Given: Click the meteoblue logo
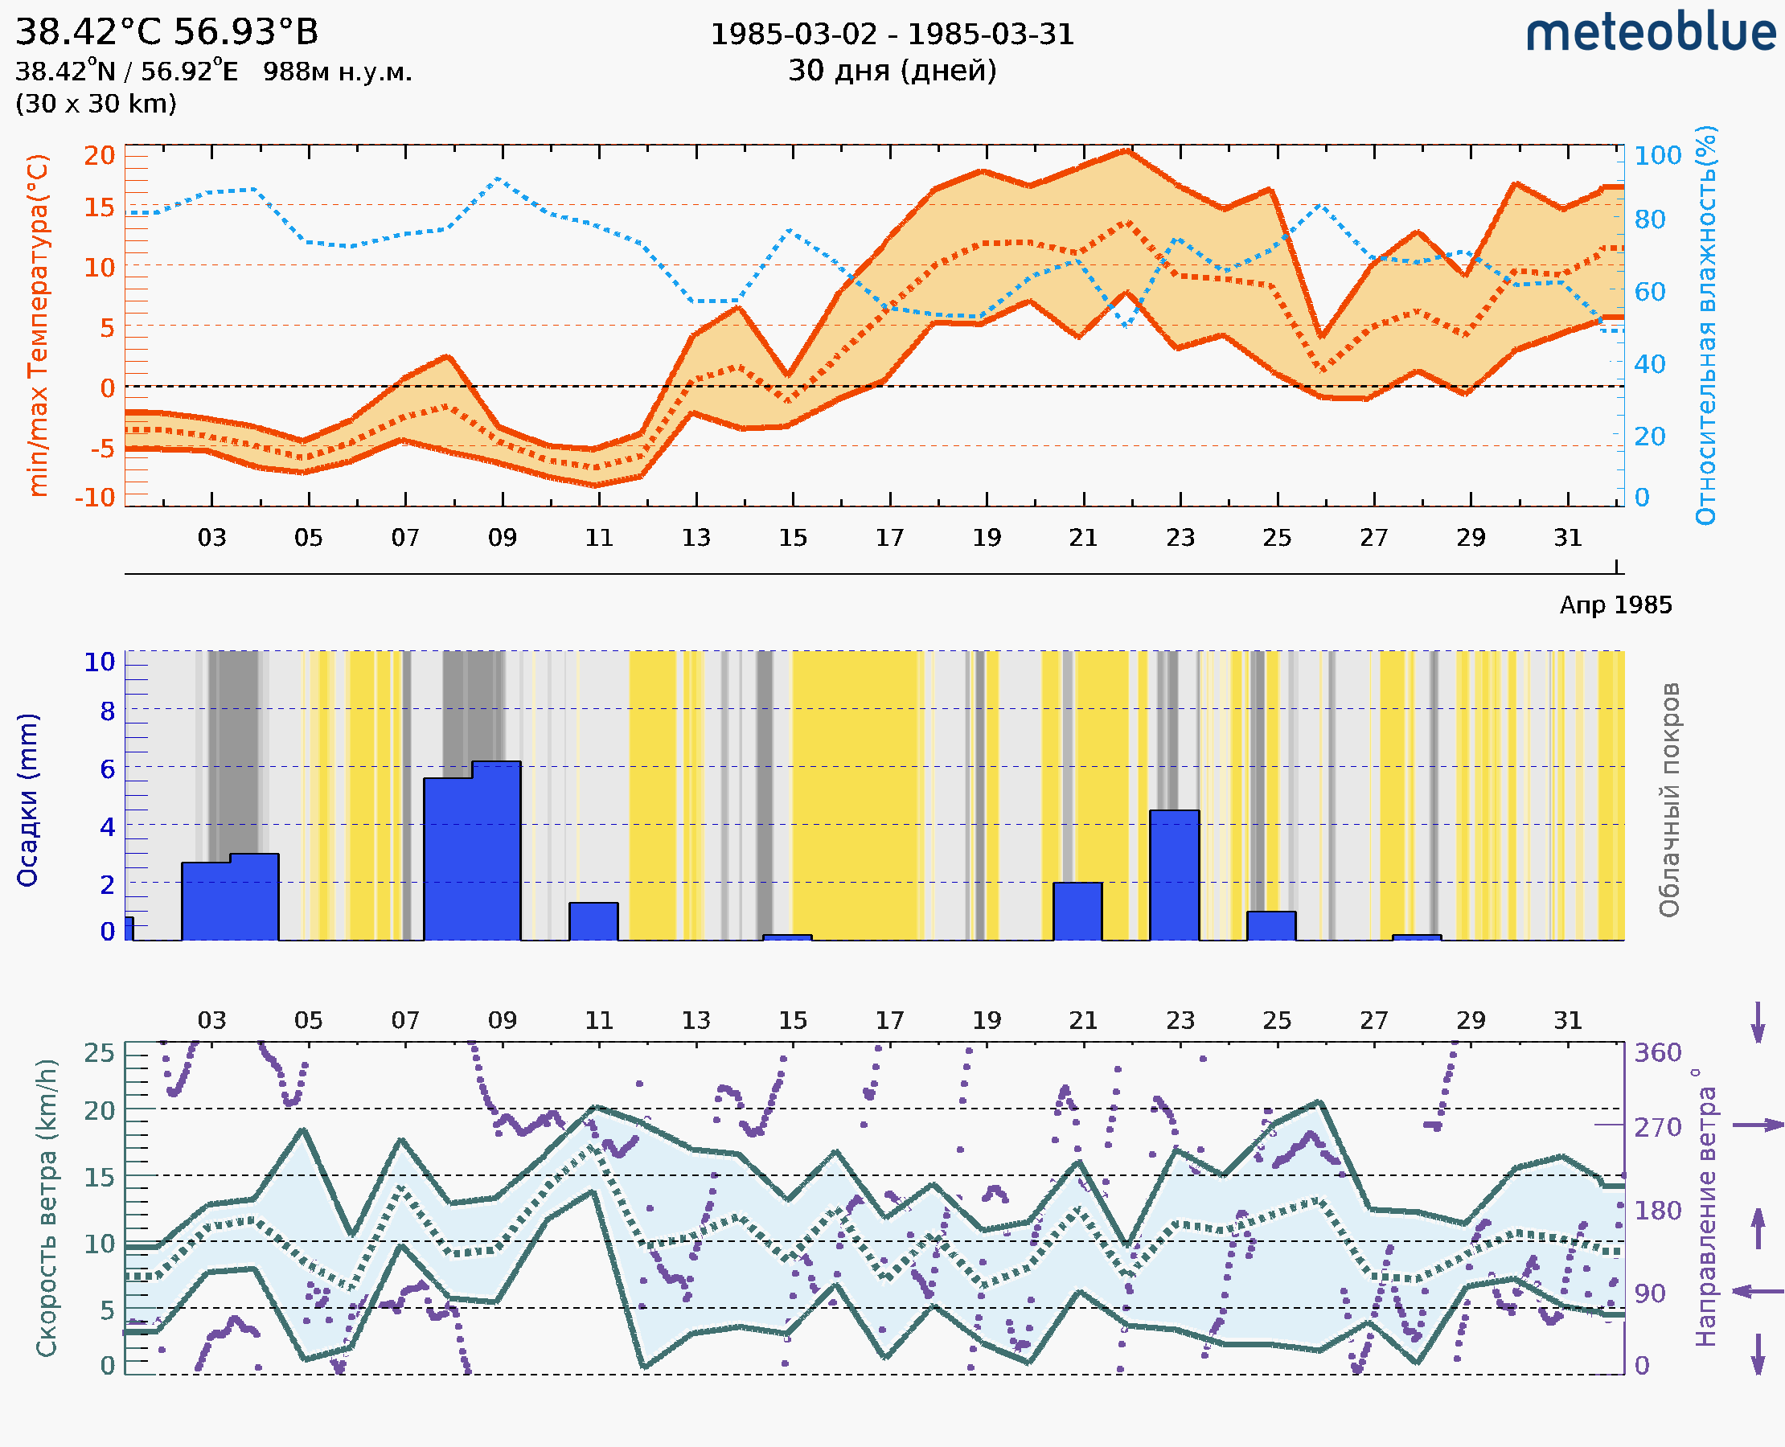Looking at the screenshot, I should (x=1650, y=33).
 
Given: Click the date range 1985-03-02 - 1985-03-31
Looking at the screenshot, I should (x=892, y=35).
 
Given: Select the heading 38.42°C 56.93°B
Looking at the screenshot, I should (x=166, y=32).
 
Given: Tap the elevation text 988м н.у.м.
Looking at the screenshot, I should (x=337, y=72).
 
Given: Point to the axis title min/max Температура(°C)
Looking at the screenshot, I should (x=38, y=325).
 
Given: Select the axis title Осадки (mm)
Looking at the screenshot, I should (x=27, y=800).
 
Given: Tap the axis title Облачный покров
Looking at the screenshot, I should (x=1668, y=800).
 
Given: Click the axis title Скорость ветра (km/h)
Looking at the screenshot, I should (x=47, y=1208).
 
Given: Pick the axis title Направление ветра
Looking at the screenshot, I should (x=1707, y=1217).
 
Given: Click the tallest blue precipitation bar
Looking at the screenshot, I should (x=496, y=851).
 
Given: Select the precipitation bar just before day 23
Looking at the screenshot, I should (x=1174, y=875).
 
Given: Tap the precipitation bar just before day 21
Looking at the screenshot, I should (x=1077, y=911).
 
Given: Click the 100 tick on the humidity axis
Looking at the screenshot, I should (x=1657, y=156).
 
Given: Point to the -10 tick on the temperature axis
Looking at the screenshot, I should (x=95, y=498).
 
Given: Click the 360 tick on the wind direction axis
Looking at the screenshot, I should (x=1657, y=1053).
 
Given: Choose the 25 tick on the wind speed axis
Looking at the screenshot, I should (x=99, y=1053).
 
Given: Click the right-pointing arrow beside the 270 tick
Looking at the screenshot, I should (x=1758, y=1125).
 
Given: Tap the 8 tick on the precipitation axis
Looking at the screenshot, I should (x=108, y=711).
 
